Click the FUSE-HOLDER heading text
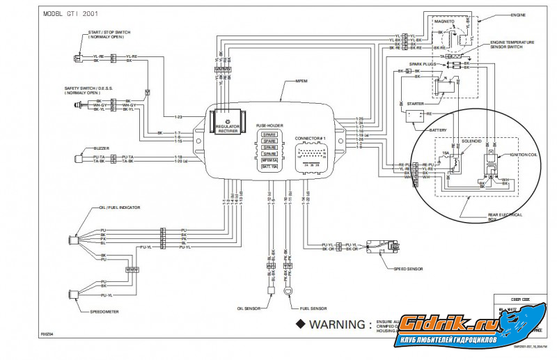tap(270, 125)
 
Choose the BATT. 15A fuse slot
tap(270, 167)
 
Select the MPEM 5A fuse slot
tap(270, 159)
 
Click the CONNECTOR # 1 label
tap(310, 138)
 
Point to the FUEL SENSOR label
tap(313, 308)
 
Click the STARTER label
tap(416, 104)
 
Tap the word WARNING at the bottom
tap(336, 324)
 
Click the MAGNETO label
tap(444, 21)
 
